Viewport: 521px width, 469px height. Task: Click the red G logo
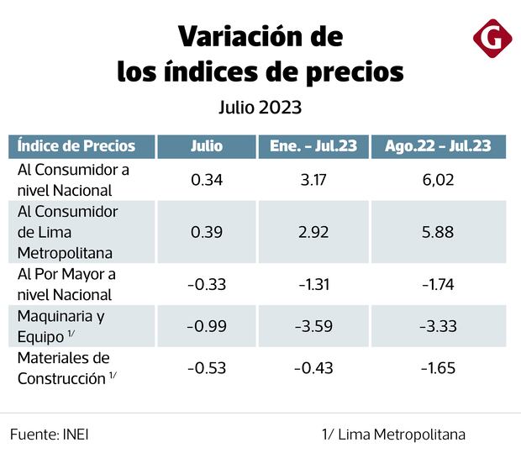[x=491, y=39]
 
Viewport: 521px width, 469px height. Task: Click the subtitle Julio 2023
[x=260, y=108]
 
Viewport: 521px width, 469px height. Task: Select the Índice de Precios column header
[x=76, y=145]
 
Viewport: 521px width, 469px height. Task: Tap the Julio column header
[x=207, y=145]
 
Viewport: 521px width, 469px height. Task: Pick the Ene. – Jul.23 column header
[x=313, y=145]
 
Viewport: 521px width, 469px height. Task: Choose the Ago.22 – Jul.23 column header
[x=438, y=145]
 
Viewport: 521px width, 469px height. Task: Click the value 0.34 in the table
[x=207, y=179]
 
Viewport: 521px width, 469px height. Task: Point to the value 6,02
[x=438, y=179]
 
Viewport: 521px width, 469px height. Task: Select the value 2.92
[x=313, y=231]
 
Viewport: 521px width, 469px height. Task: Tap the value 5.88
[x=438, y=231]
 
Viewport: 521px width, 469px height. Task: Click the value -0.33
[x=207, y=284]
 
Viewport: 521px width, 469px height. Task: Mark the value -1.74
[x=438, y=284]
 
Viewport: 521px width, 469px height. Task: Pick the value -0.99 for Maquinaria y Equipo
[x=207, y=326]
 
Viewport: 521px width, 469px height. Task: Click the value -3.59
[x=313, y=326]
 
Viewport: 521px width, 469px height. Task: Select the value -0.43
[x=313, y=367]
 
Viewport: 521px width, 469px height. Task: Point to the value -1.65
[x=438, y=367]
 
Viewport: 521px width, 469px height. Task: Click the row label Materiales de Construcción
[x=64, y=368]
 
